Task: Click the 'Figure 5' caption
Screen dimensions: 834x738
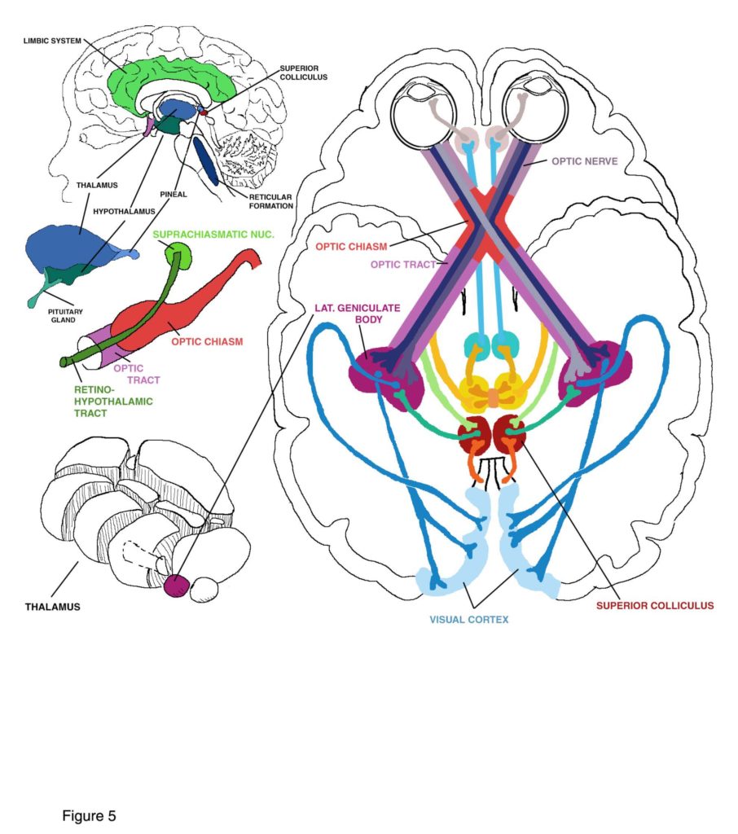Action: (x=89, y=815)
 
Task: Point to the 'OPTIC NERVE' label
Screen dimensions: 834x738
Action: (x=585, y=161)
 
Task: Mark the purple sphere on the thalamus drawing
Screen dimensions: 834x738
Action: (x=176, y=585)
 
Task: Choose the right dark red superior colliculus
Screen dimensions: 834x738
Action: (x=509, y=434)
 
